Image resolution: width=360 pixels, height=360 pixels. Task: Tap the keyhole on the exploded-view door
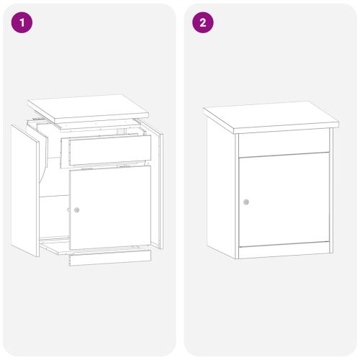pos(77,210)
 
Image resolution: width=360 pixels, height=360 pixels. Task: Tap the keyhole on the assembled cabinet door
pos(246,203)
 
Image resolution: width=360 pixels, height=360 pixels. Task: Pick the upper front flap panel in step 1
pos(110,150)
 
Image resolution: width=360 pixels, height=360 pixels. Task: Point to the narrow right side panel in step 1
pos(161,191)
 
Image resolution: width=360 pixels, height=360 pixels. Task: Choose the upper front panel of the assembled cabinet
pos(284,143)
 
